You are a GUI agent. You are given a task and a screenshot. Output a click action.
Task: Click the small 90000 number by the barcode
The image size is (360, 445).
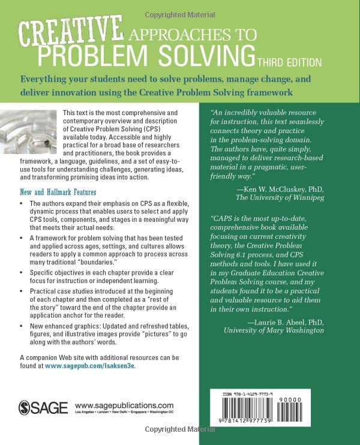334,398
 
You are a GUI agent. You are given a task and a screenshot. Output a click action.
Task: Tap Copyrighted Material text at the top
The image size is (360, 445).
179,6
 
